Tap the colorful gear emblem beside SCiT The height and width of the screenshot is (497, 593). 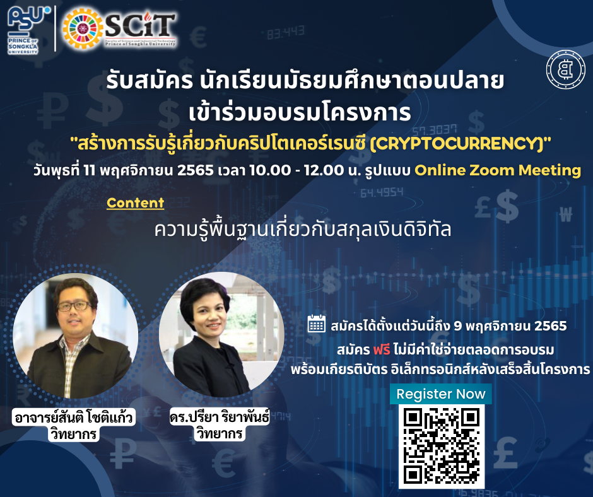coord(83,29)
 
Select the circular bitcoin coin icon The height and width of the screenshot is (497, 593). coord(566,69)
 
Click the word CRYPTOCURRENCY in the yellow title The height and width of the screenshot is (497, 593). coord(457,144)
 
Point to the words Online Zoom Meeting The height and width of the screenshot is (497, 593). coord(498,170)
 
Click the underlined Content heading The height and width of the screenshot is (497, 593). coord(136,203)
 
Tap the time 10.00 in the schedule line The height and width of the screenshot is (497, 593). coord(270,170)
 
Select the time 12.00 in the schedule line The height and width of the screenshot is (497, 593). coord(324,170)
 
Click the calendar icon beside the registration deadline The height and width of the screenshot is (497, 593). coord(317,324)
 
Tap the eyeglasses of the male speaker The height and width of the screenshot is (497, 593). coord(74,306)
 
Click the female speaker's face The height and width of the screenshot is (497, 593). coord(208,315)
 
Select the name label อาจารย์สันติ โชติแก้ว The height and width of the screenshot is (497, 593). coord(74,417)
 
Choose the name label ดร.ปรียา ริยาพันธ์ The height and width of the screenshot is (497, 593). coord(220,416)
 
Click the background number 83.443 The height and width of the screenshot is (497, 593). coord(286,33)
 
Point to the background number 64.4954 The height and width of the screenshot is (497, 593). coord(382,193)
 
